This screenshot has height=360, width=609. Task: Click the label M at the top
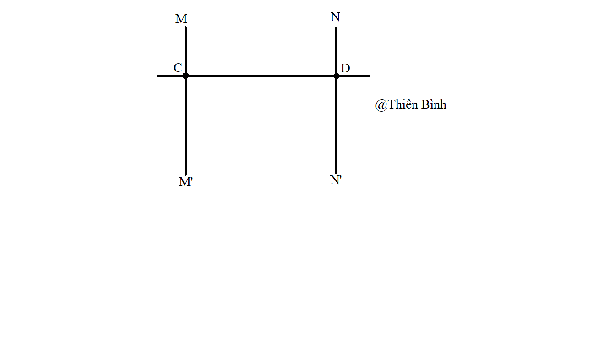[181, 19]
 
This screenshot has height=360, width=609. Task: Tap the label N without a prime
[335, 17]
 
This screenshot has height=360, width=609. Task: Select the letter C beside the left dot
[178, 68]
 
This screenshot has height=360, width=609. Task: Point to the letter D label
[345, 68]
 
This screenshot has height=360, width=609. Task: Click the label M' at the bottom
[186, 182]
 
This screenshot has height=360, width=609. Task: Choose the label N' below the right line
[336, 180]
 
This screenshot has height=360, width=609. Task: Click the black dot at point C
[185, 76]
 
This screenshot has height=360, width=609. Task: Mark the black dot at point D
[336, 76]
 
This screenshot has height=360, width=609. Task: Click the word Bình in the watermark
[434, 104]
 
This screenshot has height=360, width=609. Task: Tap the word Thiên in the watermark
[402, 104]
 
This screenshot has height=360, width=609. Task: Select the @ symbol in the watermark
[381, 105]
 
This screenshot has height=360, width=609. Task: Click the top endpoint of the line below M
[186, 27]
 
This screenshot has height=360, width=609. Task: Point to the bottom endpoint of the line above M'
[186, 175]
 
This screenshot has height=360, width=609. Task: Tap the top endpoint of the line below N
[336, 28]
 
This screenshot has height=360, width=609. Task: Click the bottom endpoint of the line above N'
[336, 172]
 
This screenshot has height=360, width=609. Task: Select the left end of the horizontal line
[158, 76]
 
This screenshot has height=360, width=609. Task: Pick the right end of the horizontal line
[369, 76]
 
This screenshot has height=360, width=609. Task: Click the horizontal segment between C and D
[261, 76]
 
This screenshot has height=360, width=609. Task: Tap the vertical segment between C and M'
[186, 125]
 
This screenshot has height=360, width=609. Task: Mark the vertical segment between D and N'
[336, 124]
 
